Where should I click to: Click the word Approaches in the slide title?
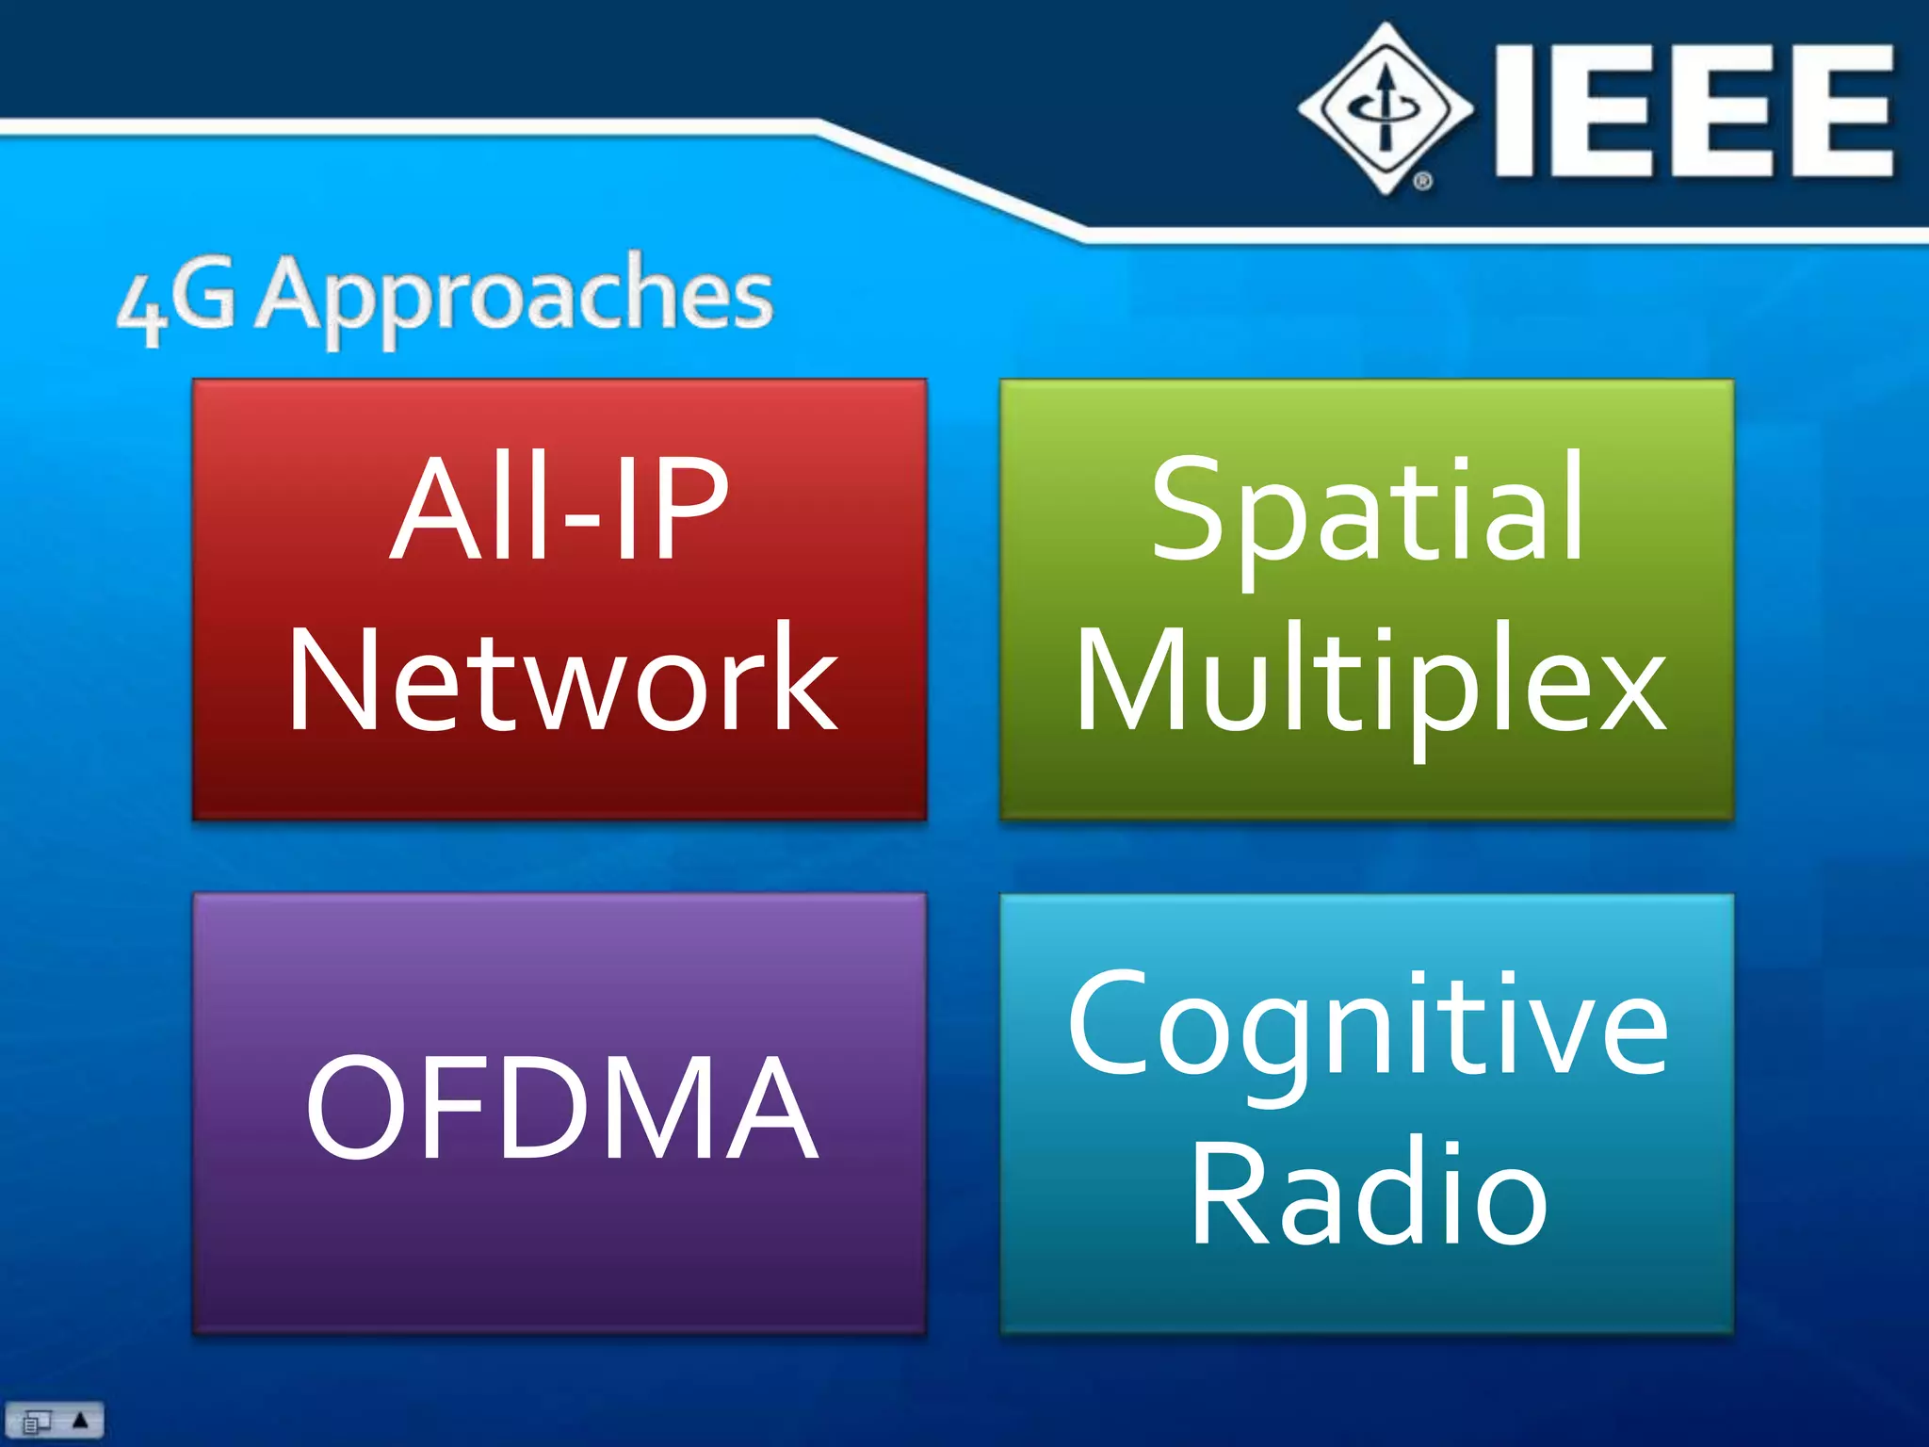[x=516, y=297]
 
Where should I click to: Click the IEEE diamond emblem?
[x=1385, y=108]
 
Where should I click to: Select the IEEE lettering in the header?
[x=1693, y=110]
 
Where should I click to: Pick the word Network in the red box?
[x=562, y=678]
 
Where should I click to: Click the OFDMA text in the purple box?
[x=561, y=1108]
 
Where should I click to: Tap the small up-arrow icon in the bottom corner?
[x=81, y=1419]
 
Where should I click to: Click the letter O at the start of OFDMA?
[x=349, y=1108]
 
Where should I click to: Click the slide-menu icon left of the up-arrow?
[x=36, y=1421]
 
